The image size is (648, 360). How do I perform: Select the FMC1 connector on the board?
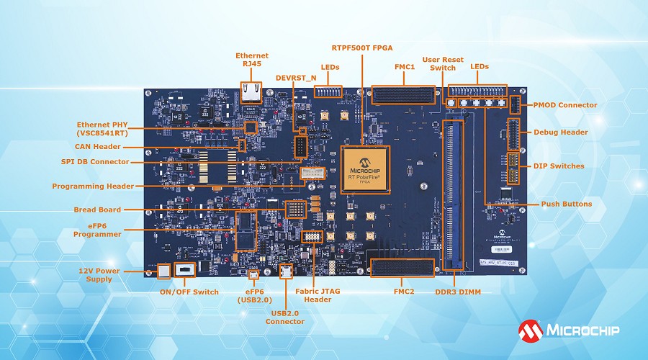[403, 97]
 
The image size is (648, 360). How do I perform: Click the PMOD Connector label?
[565, 105]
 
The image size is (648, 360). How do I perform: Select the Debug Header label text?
[561, 132]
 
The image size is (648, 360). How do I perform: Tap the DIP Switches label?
[559, 166]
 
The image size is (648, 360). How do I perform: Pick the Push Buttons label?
[567, 204]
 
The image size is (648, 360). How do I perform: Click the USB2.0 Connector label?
[285, 317]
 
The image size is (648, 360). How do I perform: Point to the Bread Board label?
[97, 210]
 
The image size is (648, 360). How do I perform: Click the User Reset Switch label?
[443, 64]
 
